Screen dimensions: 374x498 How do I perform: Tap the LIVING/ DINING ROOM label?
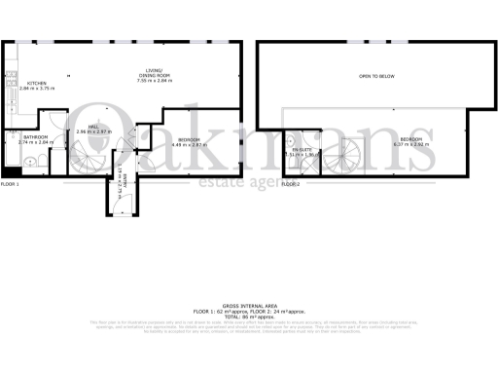point(154,73)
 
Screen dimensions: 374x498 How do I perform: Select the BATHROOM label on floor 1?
point(37,137)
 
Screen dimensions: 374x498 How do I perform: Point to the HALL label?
point(93,127)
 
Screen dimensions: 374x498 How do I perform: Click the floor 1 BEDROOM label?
point(189,139)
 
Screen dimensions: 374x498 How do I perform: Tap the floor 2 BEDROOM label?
point(412,139)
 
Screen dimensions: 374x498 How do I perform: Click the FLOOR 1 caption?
point(11,184)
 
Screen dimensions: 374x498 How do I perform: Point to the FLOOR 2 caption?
point(291,184)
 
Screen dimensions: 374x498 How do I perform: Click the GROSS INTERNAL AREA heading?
point(250,305)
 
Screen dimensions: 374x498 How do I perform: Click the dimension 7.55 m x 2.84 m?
point(154,81)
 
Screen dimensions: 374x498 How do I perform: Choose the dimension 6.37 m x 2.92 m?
point(412,145)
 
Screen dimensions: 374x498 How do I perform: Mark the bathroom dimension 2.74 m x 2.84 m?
point(37,143)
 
